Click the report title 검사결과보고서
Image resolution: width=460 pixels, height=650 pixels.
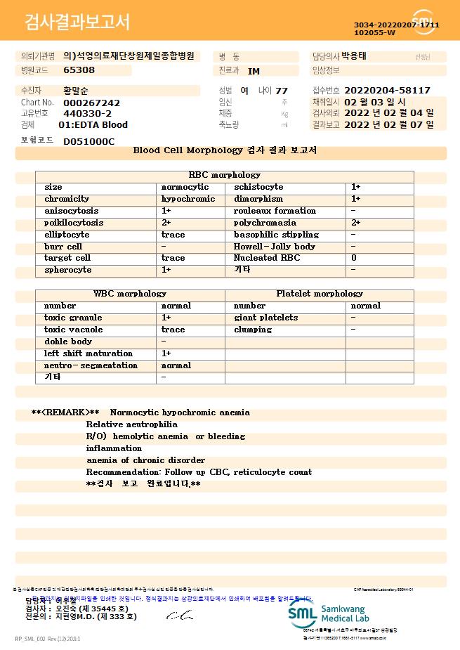77,22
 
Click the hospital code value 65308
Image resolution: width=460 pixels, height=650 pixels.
79,70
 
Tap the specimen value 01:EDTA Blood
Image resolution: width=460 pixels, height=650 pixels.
93,125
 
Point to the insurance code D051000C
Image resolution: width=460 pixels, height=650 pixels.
88,141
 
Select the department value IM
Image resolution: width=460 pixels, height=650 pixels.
254,71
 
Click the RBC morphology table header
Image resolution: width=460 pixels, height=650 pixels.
224,175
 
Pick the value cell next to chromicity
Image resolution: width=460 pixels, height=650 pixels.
188,199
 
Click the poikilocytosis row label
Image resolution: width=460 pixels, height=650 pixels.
73,223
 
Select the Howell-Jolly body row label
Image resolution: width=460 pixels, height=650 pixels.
274,247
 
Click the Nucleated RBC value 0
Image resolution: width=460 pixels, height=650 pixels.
353,258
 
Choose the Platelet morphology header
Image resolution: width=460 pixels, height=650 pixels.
320,294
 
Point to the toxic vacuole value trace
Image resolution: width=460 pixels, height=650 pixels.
173,330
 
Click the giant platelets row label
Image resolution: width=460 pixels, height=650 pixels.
265,318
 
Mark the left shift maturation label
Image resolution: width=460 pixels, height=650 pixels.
88,353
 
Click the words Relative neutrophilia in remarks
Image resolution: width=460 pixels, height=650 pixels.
131,424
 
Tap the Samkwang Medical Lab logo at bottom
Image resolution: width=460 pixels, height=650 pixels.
332,613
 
